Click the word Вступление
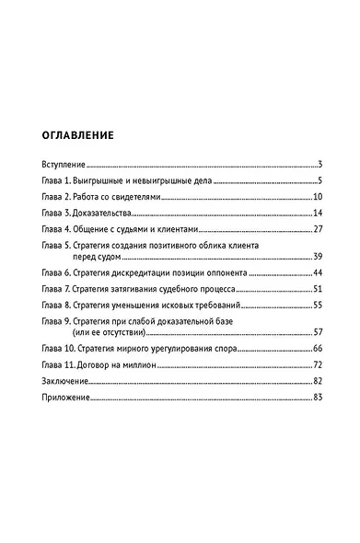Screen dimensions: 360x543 point(64,164)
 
